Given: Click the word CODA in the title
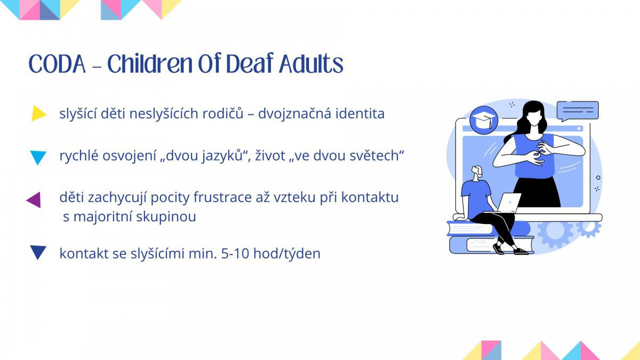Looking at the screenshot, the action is click(57, 64).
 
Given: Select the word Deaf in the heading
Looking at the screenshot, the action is click(250, 63).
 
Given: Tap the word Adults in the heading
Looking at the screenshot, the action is click(311, 63).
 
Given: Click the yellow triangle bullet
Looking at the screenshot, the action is click(39, 113).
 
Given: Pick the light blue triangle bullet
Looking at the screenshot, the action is click(38, 157).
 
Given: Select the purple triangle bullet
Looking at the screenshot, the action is click(34, 199).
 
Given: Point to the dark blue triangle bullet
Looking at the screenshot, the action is click(38, 252).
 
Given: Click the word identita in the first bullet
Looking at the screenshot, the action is click(360, 114).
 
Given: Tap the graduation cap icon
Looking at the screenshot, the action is click(484, 121).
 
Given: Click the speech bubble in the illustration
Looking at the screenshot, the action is click(578, 111).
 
